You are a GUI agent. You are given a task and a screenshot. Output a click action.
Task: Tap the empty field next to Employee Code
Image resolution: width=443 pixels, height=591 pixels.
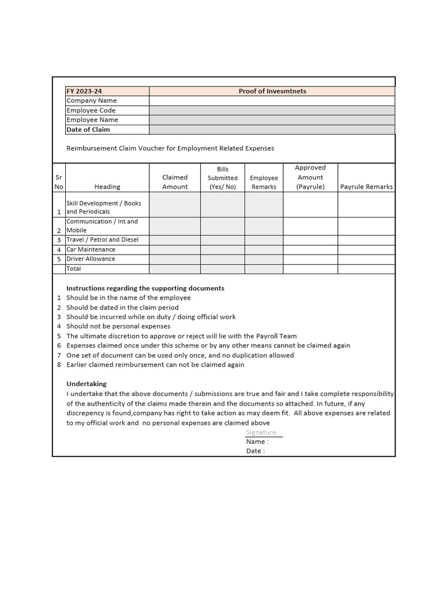coord(272,110)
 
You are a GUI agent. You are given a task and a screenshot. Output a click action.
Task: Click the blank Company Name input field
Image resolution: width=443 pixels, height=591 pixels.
coord(272,100)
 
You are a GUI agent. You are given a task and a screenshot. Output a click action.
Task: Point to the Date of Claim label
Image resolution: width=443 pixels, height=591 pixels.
coord(88,130)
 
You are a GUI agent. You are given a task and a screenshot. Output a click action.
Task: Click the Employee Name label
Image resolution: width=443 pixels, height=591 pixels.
coord(92,120)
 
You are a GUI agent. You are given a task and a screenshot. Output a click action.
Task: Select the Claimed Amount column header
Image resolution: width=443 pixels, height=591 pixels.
coord(175,182)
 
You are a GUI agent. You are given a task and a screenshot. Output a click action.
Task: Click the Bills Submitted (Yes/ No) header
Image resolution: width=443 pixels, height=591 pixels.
coord(223,178)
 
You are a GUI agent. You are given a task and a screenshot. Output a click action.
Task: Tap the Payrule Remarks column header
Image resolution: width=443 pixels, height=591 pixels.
coord(366,186)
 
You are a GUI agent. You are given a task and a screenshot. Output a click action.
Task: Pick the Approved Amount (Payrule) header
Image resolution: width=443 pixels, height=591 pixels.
coord(310,177)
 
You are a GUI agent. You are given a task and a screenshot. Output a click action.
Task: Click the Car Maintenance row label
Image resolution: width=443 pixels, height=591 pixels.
coord(91,249)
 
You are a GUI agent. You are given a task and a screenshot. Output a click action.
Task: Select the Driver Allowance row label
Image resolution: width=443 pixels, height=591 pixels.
coord(91,259)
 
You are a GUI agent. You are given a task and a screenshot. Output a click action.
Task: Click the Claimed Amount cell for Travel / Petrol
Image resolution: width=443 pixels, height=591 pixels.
coord(175,240)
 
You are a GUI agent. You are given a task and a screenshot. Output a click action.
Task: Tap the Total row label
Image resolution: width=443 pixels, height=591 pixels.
coord(74,268)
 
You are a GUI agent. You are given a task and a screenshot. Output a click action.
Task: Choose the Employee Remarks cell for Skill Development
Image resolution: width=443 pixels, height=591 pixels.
coord(264,205)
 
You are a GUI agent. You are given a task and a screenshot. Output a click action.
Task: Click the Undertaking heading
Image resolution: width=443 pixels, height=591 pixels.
coord(87,384)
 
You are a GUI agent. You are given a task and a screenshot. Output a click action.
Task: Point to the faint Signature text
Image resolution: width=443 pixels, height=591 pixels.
coord(261,432)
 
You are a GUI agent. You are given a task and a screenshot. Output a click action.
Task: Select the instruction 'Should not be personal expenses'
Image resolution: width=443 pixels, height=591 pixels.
coord(118,326)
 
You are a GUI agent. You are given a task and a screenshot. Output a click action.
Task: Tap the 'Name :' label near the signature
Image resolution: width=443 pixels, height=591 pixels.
coord(257,442)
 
